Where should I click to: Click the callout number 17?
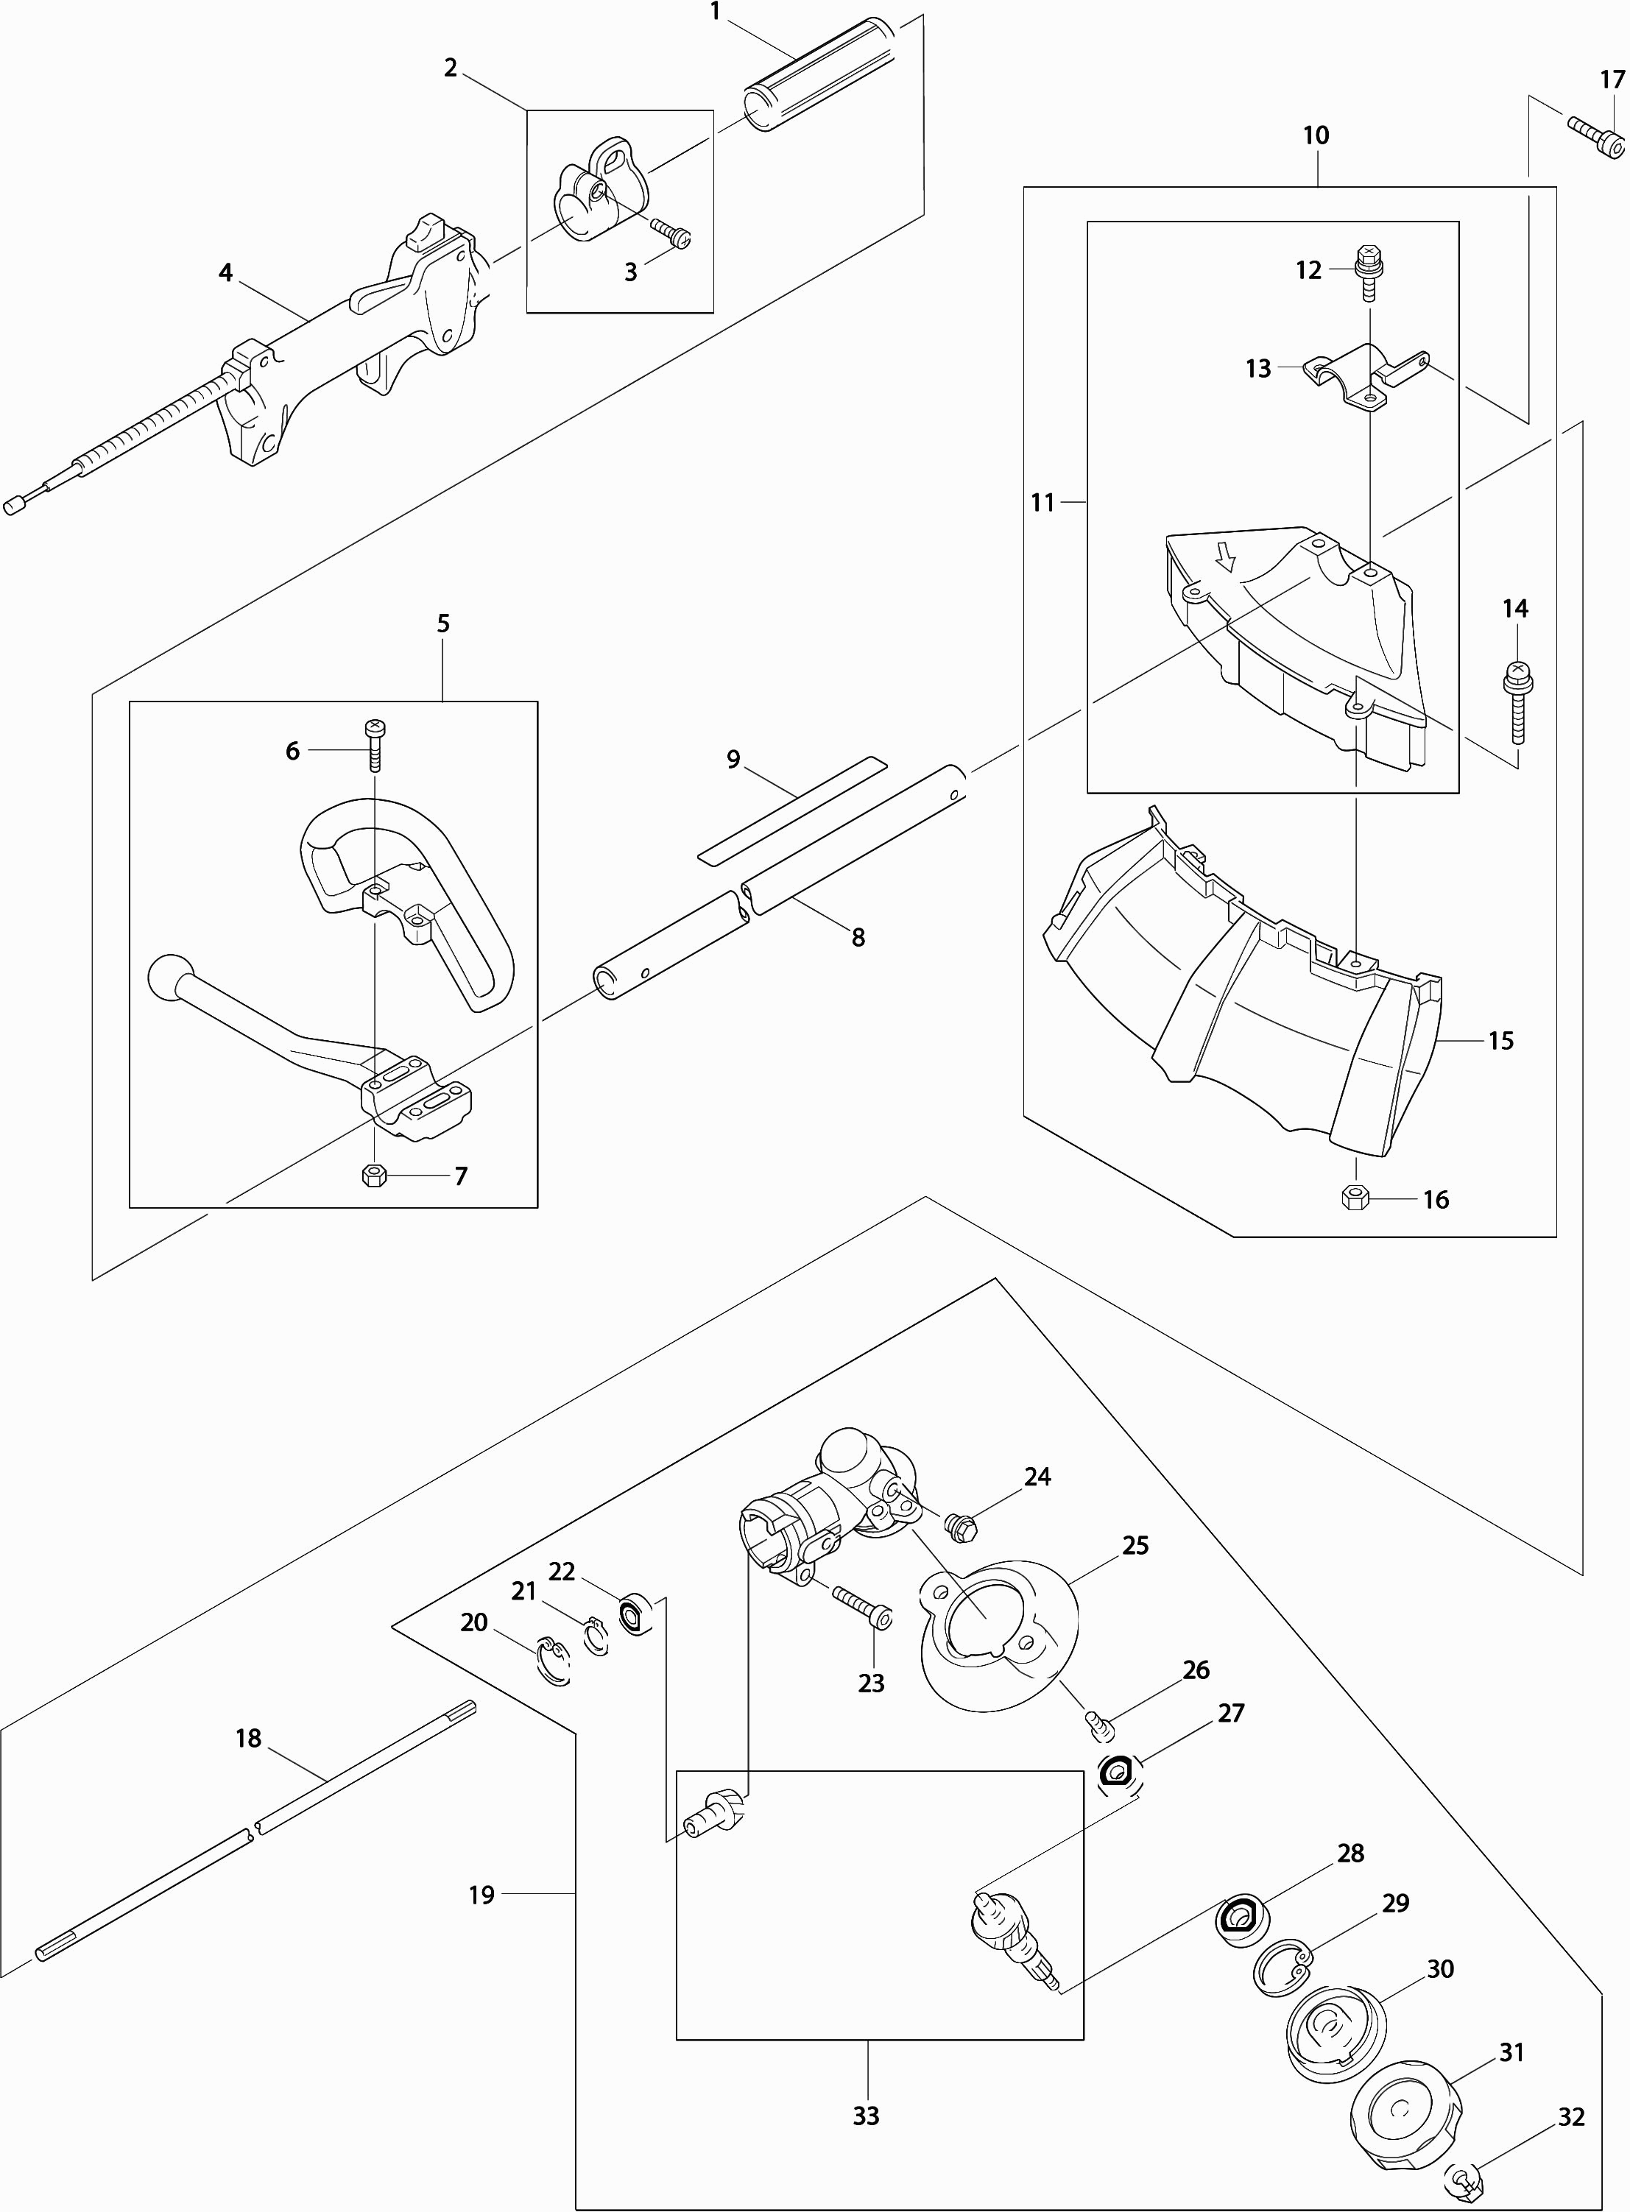coord(1612,80)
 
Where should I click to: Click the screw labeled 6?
coord(375,746)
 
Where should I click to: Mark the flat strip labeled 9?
coord(792,809)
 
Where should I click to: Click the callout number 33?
coord(867,2116)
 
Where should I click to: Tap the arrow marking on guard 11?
coord(1226,560)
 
